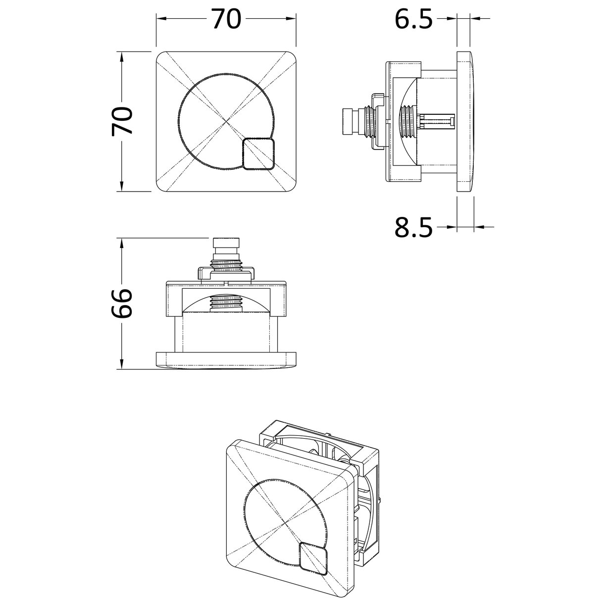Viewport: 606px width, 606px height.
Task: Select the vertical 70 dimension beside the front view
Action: point(122,121)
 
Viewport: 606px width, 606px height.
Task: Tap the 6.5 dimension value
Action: point(413,19)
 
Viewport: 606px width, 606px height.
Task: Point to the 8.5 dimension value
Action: point(413,228)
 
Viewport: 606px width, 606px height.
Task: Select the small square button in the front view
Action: point(258,153)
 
